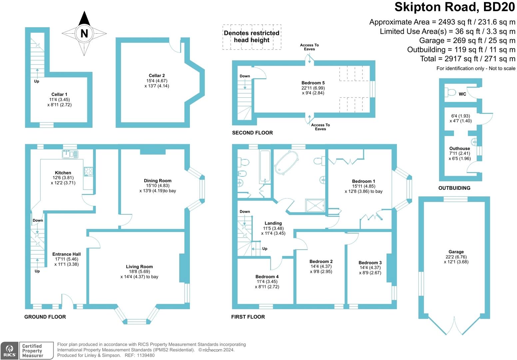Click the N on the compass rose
coord(84,33)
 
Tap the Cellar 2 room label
coord(157,76)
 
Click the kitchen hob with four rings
coord(88,171)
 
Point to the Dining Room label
coord(158,181)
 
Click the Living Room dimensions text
coord(139,274)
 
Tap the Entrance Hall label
coord(67,254)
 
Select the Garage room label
coord(456,252)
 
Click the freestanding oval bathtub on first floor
coord(286,163)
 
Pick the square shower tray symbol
coord(315,205)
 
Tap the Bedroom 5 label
coord(313,83)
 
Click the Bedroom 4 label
coord(267,276)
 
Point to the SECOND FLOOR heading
coord(253,133)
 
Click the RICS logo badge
coord(9,351)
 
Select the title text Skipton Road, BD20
coord(455,7)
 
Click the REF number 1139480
coord(146,355)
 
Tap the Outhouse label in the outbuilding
coord(459,148)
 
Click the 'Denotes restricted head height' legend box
coord(252,37)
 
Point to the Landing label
coord(273,223)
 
